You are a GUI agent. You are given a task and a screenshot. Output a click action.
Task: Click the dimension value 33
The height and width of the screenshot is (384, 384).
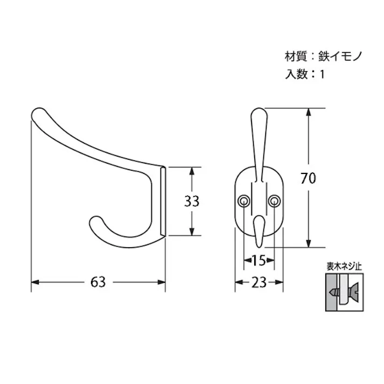coord(191,201)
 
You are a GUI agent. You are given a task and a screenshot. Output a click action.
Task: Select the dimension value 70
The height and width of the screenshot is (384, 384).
coord(308,178)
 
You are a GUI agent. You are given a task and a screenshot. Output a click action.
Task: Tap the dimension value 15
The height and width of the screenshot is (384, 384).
coord(259,261)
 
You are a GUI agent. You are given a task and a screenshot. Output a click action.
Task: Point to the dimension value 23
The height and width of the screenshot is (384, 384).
coord(259,282)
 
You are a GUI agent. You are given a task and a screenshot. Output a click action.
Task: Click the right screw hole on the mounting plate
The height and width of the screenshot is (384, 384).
coord(274,201)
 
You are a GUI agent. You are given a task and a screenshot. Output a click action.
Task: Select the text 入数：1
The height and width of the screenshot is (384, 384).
coord(305,75)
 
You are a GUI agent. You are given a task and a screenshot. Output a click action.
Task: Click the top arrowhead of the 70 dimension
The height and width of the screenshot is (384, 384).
coord(308,112)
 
